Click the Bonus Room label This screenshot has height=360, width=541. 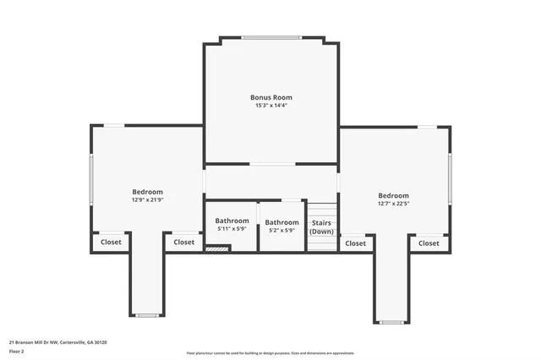(x=271, y=97)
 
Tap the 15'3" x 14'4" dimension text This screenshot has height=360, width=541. (x=271, y=106)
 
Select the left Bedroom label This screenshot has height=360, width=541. (x=147, y=192)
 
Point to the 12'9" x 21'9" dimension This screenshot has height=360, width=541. (x=147, y=200)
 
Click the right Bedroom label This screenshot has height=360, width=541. (x=393, y=195)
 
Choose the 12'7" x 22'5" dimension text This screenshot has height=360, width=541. (x=393, y=204)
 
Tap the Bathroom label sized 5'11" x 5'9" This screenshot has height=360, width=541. (x=232, y=221)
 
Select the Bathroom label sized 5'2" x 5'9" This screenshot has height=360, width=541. (x=281, y=222)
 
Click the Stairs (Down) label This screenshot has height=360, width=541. (x=322, y=226)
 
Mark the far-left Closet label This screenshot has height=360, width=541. (x=111, y=242)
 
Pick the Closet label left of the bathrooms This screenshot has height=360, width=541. (x=183, y=242)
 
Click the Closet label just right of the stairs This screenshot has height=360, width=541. (x=356, y=243)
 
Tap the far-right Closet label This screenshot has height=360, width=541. (x=429, y=243)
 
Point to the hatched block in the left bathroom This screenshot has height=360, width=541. (x=218, y=248)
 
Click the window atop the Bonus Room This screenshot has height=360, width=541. (x=271, y=37)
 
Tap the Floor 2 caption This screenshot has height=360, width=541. (x=17, y=351)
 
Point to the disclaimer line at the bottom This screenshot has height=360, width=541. (x=270, y=353)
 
